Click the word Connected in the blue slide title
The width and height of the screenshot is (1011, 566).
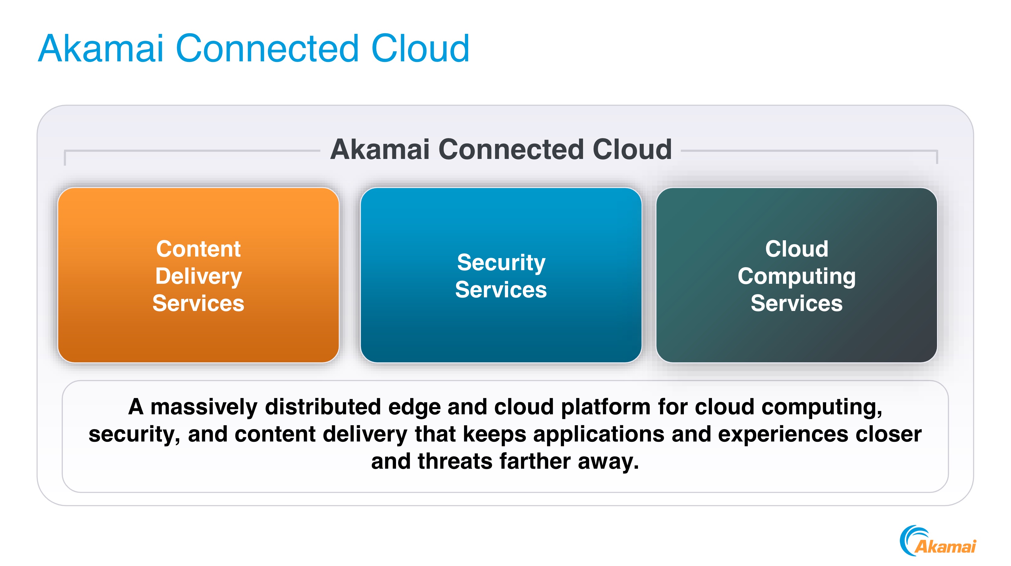[267, 49]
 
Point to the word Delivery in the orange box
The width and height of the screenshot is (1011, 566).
[198, 276]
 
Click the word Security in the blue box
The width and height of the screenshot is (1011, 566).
[501, 263]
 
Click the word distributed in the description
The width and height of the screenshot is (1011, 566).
[323, 407]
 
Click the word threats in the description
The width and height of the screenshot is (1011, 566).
[455, 461]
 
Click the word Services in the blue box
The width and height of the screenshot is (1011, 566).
[501, 290]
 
